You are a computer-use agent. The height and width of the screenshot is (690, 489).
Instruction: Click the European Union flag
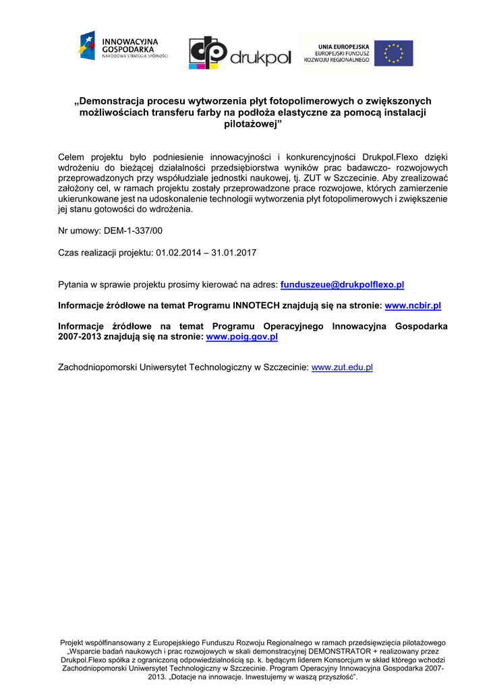[x=394, y=53]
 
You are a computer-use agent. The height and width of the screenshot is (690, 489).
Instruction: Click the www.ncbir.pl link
[x=413, y=305]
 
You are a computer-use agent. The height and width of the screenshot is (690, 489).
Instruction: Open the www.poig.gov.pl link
[x=242, y=336]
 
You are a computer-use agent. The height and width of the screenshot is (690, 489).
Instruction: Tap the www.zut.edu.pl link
[x=342, y=367]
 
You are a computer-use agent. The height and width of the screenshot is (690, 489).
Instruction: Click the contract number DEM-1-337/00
[x=133, y=230]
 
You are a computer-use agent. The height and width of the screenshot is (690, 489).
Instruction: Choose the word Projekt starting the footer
[x=74, y=643]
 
